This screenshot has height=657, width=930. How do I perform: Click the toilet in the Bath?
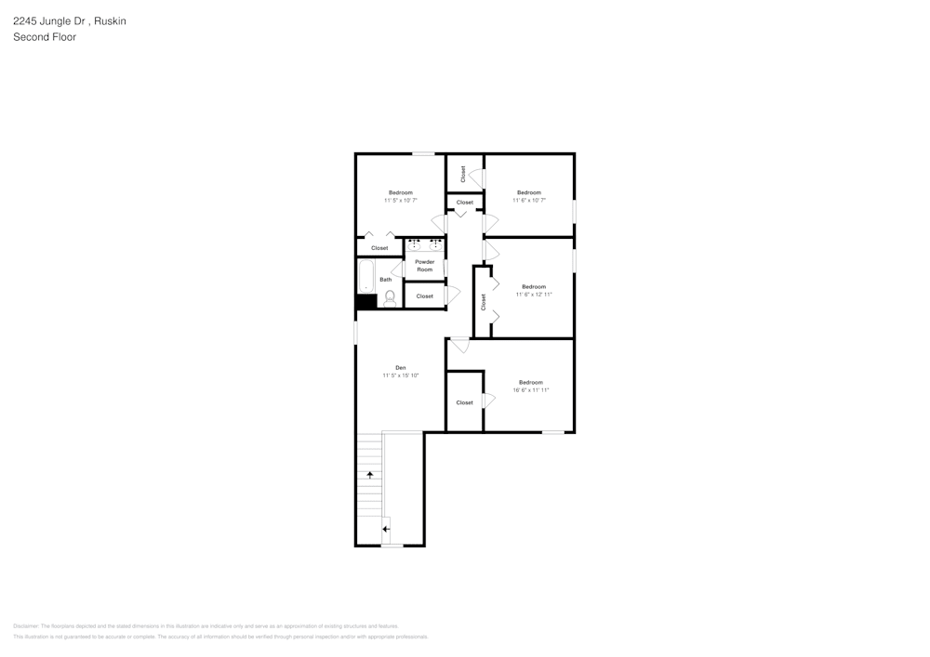click(x=391, y=298)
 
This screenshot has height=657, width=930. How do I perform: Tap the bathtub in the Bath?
click(x=366, y=276)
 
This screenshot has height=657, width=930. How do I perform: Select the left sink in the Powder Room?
click(x=415, y=245)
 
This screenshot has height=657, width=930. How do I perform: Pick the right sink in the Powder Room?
click(x=435, y=245)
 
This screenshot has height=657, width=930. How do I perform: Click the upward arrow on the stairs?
click(x=370, y=475)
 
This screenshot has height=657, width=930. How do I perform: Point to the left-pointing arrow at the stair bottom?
click(x=386, y=529)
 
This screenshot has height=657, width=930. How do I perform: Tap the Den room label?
click(x=401, y=368)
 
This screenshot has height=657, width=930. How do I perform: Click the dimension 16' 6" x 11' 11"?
click(x=531, y=390)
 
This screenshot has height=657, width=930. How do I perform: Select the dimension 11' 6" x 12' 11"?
click(x=534, y=295)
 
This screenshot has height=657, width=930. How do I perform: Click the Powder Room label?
click(x=425, y=266)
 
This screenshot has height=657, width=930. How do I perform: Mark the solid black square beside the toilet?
click(x=365, y=301)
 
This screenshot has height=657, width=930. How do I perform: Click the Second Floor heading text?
click(x=45, y=37)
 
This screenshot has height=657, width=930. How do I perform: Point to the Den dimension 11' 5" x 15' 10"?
click(x=401, y=375)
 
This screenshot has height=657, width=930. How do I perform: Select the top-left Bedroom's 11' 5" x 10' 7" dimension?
click(x=401, y=200)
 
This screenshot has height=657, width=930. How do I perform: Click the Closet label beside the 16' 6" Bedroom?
click(x=465, y=402)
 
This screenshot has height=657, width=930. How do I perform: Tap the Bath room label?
click(x=385, y=279)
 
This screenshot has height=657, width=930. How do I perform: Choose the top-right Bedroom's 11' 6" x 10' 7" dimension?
click(x=529, y=200)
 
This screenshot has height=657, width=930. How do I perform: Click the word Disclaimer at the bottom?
click(x=26, y=626)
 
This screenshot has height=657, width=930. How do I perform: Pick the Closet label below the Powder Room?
click(x=425, y=296)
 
